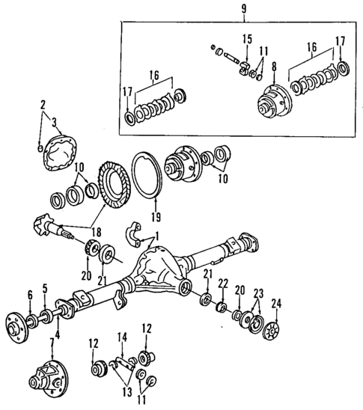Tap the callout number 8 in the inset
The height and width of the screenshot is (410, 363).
275,67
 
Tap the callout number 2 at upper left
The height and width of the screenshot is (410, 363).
43,104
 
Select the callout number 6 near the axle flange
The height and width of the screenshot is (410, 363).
30,293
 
